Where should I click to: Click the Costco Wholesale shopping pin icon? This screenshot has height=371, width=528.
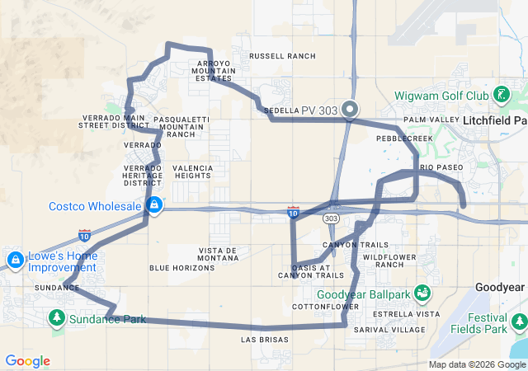(x=154, y=204)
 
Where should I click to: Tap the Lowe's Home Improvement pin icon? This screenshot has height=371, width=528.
(x=15, y=260)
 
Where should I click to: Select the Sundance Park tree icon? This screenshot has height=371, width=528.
(x=57, y=318)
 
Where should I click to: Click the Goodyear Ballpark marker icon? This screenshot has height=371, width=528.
(x=422, y=293)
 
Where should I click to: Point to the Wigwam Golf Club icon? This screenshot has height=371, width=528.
(x=501, y=95)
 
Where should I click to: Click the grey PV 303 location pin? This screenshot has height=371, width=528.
(x=350, y=109)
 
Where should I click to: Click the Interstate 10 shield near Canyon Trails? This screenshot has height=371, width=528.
(x=294, y=213)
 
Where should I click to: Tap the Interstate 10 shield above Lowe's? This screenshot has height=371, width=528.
(x=84, y=235)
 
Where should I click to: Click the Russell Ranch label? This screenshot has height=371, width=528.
(x=282, y=56)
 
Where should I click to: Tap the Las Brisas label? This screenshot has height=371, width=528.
(x=264, y=340)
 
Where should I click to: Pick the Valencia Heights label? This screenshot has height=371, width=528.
(x=193, y=171)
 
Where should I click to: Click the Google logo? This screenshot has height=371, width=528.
(x=28, y=361)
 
